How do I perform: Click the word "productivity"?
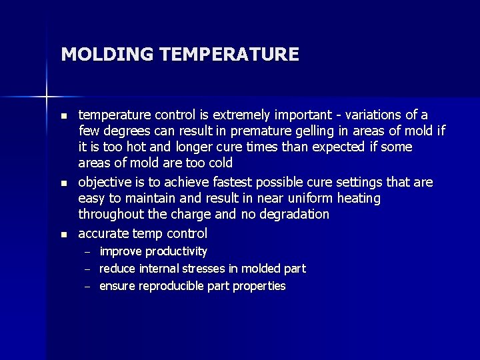(x=176, y=251)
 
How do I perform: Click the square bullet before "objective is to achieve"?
(x=63, y=183)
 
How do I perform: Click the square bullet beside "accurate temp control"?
(x=63, y=234)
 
